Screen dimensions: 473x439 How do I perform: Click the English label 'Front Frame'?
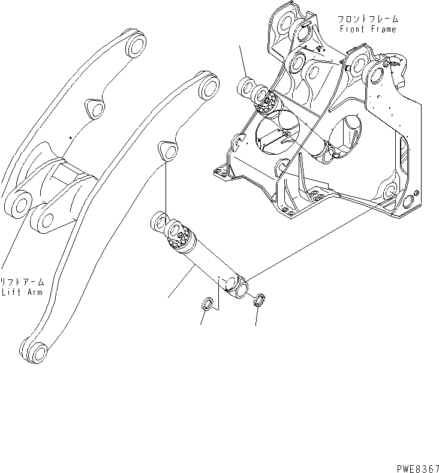tap(368, 29)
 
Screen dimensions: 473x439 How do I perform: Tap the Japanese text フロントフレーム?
tap(368, 19)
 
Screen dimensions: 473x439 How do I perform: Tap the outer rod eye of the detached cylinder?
tap(160, 223)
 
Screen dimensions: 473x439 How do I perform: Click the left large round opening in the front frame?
tap(277, 132)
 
